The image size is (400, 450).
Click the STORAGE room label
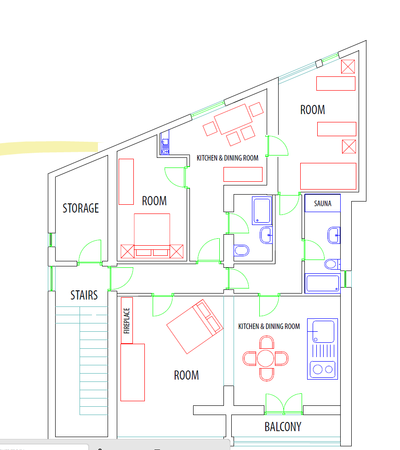[80, 208]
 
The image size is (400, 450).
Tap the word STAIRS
[84, 295]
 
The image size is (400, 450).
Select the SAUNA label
[323, 203]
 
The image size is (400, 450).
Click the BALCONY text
[283, 427]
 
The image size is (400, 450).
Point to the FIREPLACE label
[126, 321]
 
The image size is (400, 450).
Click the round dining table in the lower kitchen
[266, 358]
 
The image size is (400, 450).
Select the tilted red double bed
[195, 327]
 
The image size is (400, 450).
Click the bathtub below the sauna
[323, 283]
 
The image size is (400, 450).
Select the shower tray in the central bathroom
[262, 210]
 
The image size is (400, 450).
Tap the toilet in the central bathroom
[241, 251]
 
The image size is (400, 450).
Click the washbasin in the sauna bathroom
[333, 235]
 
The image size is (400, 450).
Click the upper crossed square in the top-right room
[348, 67]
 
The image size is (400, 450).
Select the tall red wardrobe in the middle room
[126, 182]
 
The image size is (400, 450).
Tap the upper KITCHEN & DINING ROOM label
[228, 158]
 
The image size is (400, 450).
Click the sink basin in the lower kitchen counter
[323, 332]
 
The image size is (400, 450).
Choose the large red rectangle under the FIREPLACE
[132, 372]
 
